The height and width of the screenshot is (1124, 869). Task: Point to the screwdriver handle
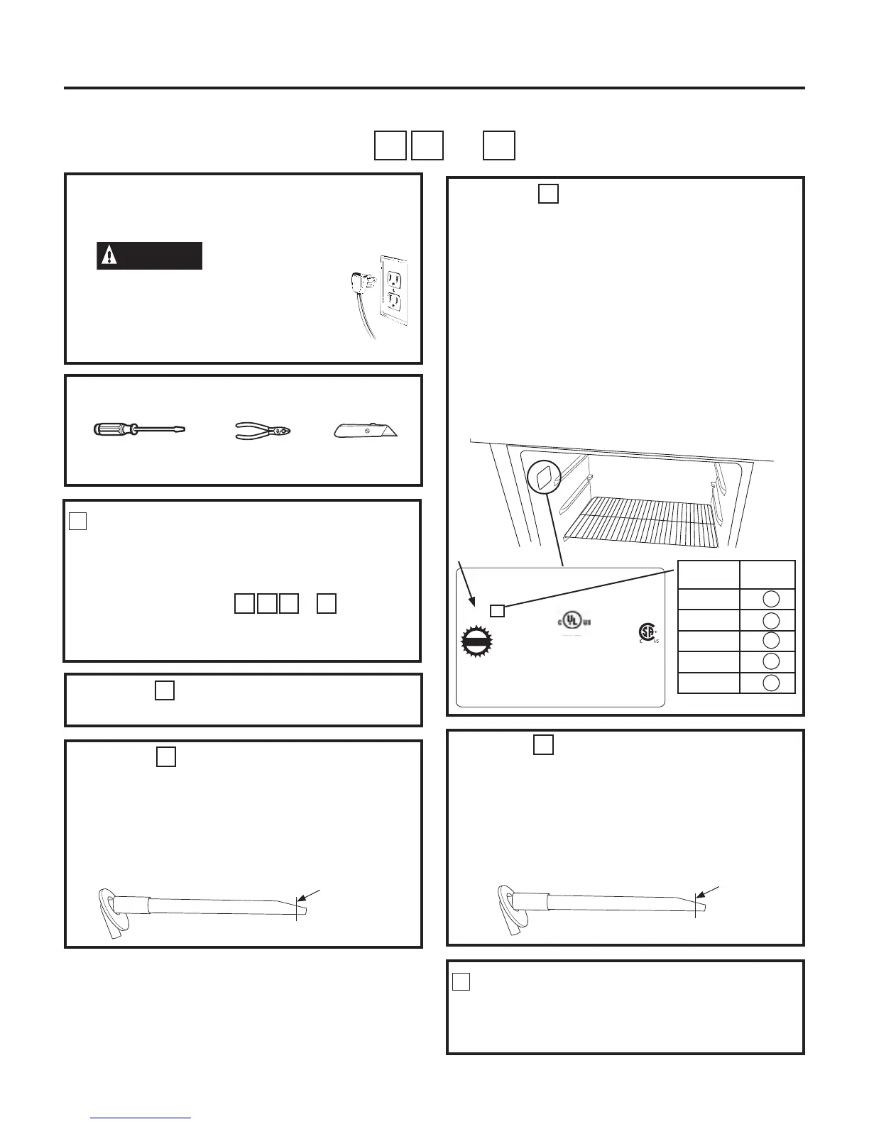(x=114, y=429)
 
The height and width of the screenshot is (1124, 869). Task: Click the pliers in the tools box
(x=263, y=430)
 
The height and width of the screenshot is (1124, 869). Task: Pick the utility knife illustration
(x=366, y=430)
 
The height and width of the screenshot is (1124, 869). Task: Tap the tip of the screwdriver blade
(x=182, y=429)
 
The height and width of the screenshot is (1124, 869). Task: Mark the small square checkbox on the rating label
(x=498, y=610)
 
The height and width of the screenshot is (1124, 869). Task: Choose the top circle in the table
(x=770, y=599)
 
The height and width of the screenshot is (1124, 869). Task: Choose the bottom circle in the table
(x=770, y=683)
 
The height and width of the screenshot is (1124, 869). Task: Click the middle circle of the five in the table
(x=770, y=641)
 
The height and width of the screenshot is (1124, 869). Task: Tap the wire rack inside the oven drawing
(x=639, y=522)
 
